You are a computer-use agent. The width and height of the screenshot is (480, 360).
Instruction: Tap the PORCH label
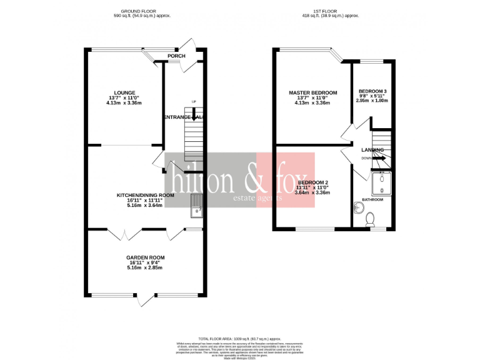[x=176, y=56]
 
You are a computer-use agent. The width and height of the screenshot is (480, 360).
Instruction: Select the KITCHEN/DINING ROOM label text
[x=145, y=195]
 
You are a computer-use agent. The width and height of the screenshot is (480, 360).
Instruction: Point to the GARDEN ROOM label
[x=145, y=257]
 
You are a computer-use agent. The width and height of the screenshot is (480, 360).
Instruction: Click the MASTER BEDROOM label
[x=312, y=92]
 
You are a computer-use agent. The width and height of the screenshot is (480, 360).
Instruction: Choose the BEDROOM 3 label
[x=372, y=91]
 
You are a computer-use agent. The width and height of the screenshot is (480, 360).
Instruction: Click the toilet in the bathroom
[x=371, y=219]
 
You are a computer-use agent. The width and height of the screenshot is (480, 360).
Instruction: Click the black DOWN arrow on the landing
[x=379, y=159]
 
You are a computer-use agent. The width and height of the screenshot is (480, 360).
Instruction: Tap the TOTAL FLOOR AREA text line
[x=240, y=337]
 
